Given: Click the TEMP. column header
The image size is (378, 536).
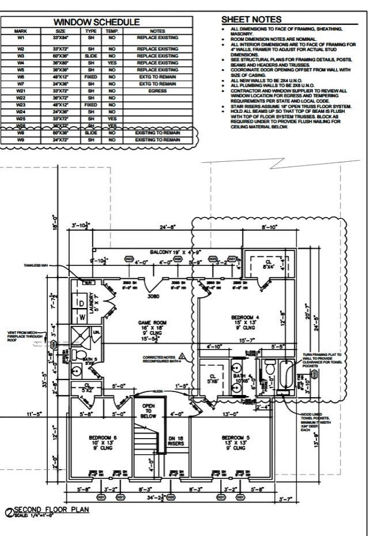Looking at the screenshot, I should (111, 31).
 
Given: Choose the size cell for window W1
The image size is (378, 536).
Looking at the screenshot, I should (60, 37).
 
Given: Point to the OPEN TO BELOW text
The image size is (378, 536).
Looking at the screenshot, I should (148, 410).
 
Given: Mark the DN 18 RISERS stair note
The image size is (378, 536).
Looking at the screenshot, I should (175, 441).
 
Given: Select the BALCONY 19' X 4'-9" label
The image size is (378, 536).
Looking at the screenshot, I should (168, 252).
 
